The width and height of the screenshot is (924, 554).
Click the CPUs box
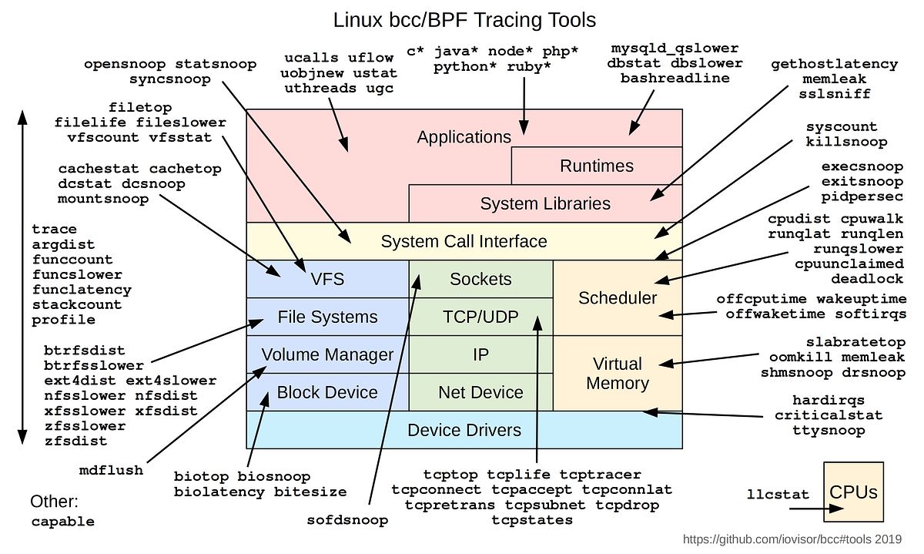[x=853, y=492]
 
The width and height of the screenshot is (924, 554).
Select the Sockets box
[x=480, y=279]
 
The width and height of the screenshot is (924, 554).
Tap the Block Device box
[x=327, y=392]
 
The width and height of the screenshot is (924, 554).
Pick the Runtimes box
[x=597, y=166]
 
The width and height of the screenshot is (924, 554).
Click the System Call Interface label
[x=464, y=241]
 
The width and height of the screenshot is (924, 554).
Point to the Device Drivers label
[x=464, y=430]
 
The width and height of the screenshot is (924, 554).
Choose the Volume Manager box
[x=327, y=354]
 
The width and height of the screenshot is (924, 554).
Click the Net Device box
[x=480, y=392]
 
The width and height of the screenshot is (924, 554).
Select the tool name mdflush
[x=112, y=470]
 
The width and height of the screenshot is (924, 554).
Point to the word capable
[x=63, y=522]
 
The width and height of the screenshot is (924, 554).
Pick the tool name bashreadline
[x=675, y=78]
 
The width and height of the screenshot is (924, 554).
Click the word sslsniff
[x=836, y=94]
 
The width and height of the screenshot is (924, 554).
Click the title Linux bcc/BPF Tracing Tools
[x=464, y=19]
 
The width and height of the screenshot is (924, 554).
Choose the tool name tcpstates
[x=532, y=520]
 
